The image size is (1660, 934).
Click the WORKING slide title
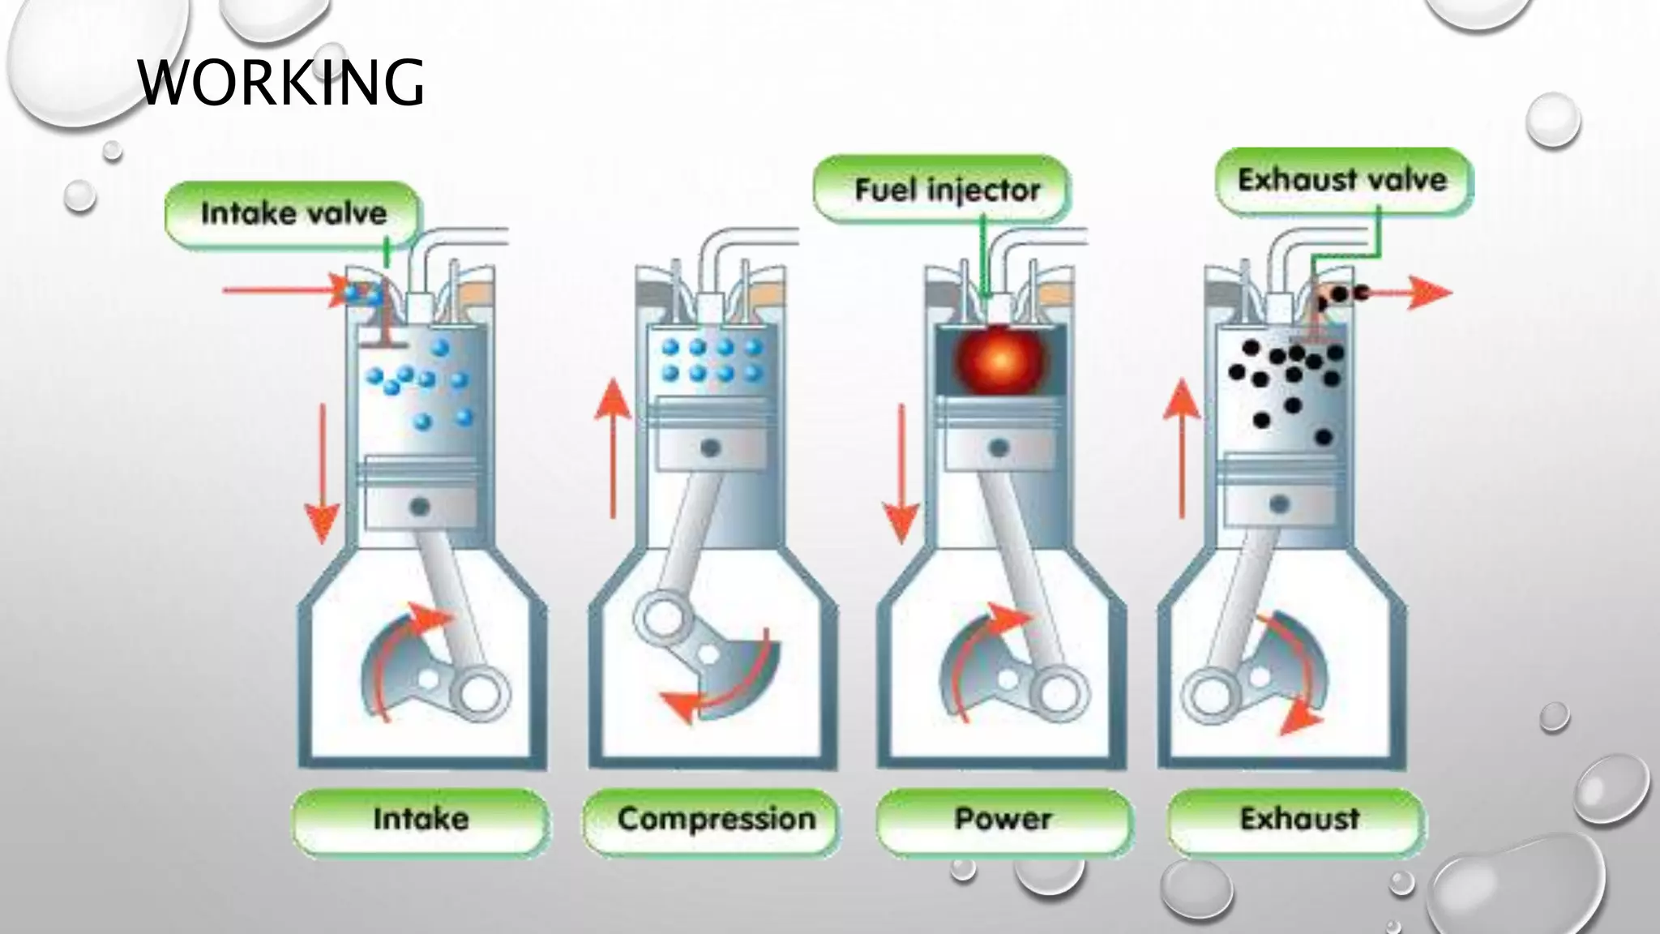tap(280, 83)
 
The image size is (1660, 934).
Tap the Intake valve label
tap(293, 214)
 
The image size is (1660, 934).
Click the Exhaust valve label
tap(1342, 180)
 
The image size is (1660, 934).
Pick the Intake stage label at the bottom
tap(421, 819)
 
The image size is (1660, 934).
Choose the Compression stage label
tap(717, 819)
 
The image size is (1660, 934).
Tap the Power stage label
tap(1003, 819)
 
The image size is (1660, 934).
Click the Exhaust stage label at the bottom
tap(1299, 819)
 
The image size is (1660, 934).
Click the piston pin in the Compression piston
tap(711, 448)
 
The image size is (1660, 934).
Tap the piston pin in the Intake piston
tap(419, 508)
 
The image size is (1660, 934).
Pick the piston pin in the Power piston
tap(999, 448)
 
